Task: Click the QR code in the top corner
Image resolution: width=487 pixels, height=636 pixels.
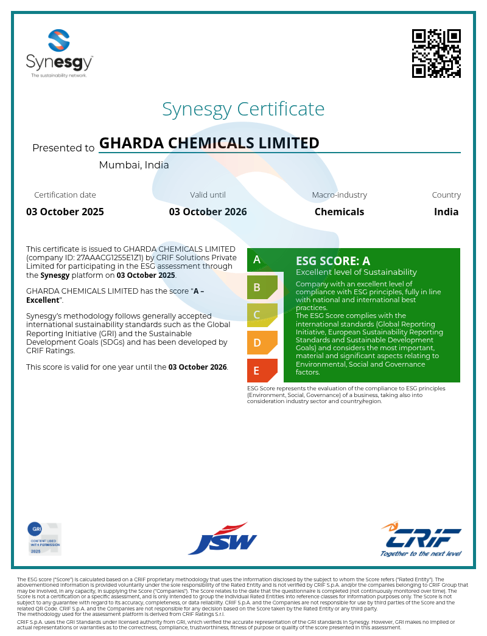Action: coord(436,54)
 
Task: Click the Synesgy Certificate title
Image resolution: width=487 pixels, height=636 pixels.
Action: coord(243,109)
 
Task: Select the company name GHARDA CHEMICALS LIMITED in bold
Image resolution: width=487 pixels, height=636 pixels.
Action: coord(209,143)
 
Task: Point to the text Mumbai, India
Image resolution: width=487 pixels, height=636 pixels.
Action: coord(134,165)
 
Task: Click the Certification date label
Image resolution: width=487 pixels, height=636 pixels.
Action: coord(65,195)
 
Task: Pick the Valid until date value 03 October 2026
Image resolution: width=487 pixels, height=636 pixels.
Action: coord(208,212)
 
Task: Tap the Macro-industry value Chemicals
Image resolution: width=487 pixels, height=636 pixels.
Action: coord(339,212)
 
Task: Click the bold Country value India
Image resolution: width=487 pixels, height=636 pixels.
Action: coord(446,212)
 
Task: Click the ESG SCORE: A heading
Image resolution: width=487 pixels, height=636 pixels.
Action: coord(332,261)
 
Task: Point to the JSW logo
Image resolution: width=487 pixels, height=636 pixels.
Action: coord(222,539)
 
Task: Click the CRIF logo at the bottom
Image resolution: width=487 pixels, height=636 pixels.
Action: coord(421,539)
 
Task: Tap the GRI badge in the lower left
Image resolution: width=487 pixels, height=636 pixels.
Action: coord(44,539)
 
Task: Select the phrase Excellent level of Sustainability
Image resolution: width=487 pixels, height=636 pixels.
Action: coord(356,272)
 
